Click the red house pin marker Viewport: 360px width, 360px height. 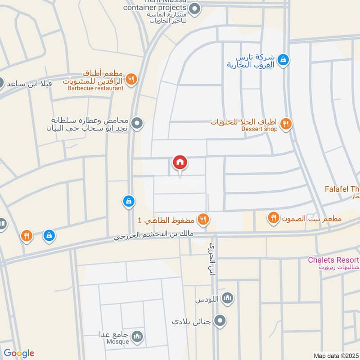tap(180, 162)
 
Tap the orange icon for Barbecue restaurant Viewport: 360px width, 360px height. tap(131, 79)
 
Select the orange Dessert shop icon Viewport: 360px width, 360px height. tap(285, 123)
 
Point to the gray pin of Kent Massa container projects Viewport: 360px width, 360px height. tap(194, 8)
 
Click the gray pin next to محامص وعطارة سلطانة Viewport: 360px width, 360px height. tap(138, 122)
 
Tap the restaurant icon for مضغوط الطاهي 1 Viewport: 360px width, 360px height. tap(203, 219)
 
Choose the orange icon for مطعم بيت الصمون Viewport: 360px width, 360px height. tap(273, 219)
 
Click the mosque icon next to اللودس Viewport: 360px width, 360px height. tap(228, 298)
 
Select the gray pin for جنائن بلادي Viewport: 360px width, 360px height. tap(220, 321)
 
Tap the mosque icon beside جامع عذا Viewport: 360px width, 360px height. tap(138, 336)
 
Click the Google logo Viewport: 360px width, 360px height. tap(18, 353)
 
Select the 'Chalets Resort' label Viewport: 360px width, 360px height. tap(333, 260)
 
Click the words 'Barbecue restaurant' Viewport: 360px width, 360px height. tap(95, 88)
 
